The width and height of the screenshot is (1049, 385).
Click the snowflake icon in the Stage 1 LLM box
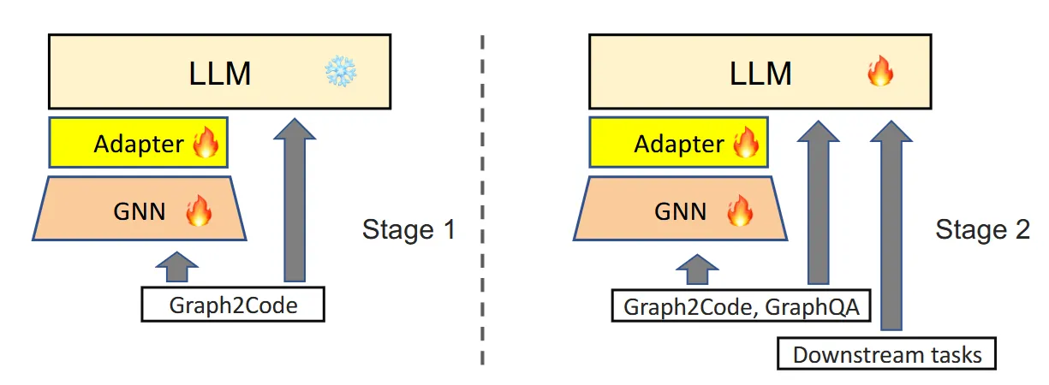[x=340, y=74]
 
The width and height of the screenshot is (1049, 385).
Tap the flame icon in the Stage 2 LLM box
[x=879, y=74]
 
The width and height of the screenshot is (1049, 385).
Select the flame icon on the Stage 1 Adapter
[x=206, y=144]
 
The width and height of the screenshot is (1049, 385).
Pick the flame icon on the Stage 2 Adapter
[x=746, y=144]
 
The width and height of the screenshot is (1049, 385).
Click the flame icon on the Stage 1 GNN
[x=198, y=210]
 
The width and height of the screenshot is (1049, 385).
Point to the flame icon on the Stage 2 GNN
[x=738, y=210]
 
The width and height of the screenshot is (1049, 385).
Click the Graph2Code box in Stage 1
[x=233, y=305]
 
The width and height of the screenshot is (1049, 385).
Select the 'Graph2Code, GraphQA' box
[x=741, y=305]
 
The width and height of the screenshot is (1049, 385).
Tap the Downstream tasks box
[x=887, y=353]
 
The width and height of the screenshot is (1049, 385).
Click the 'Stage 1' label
[x=408, y=230]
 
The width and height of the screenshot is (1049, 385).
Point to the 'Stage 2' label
[x=982, y=230]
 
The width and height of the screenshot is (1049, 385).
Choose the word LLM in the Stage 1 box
[x=220, y=74]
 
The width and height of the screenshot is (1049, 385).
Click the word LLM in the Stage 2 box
[x=760, y=74]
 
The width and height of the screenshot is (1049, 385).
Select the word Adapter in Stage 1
[x=138, y=144]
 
